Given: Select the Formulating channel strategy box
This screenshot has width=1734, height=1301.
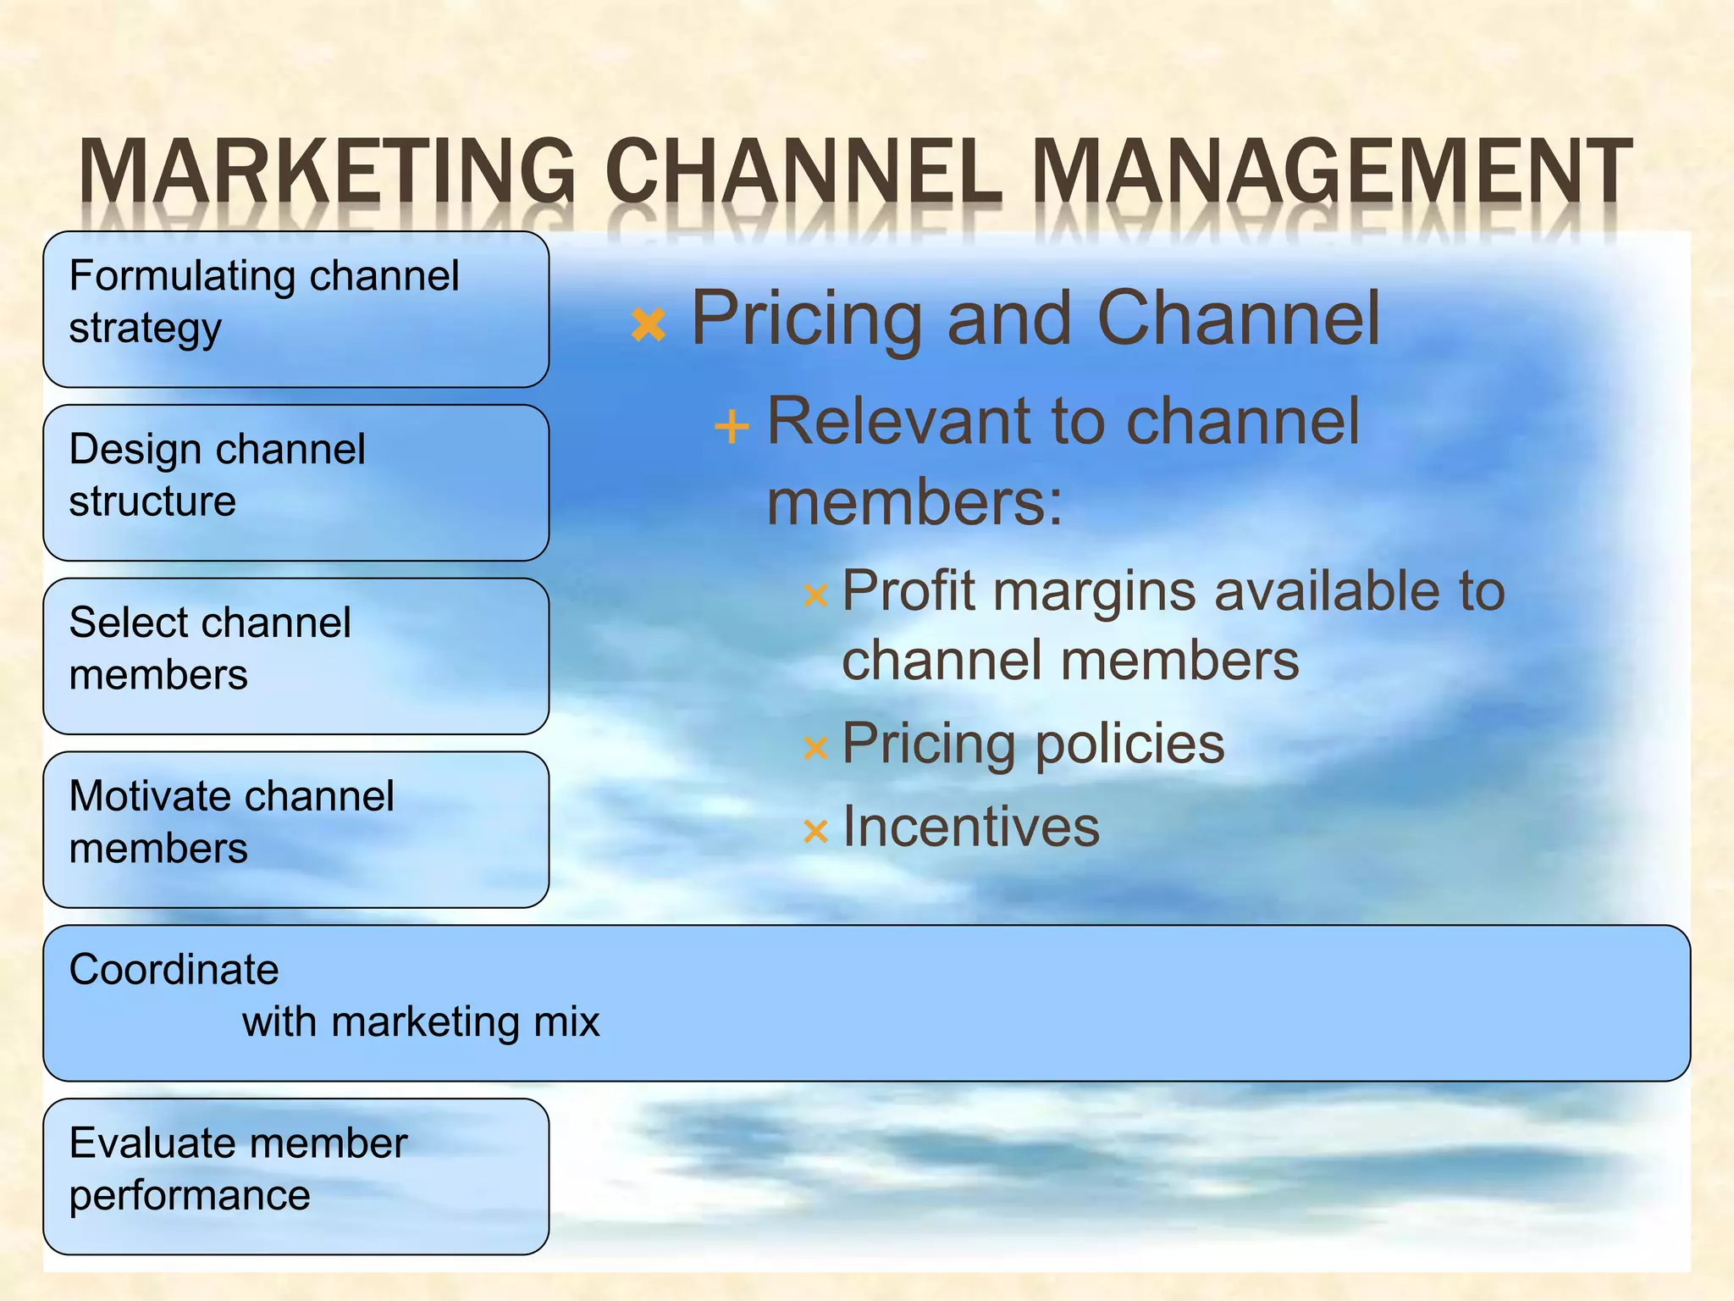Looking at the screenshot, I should pos(295,309).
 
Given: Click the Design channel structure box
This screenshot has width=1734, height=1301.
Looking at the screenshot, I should pos(295,483).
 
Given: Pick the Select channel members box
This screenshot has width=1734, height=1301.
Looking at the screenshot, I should pos(295,656).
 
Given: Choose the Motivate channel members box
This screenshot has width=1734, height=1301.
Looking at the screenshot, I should pos(295,830).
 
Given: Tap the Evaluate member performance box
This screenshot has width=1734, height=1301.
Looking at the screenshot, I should pos(295,1176).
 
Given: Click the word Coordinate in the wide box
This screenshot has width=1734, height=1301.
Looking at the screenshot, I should pos(174,969).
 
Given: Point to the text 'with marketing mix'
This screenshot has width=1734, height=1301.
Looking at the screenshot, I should pos(421,1021).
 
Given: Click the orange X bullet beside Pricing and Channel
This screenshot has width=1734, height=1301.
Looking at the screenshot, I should pos(649,325).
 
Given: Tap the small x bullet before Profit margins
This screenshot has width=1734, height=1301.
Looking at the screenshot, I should pos(815,596).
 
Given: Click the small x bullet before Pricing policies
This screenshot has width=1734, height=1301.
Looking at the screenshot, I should pos(815,748).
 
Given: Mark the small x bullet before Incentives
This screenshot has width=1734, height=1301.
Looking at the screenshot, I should pos(815,832).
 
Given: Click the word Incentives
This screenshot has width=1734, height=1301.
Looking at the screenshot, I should pos(971,827).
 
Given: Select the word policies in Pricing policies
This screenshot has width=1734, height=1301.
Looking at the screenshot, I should pos(1129,744).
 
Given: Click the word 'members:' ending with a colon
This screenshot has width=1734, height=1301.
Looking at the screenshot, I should pos(914,502).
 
